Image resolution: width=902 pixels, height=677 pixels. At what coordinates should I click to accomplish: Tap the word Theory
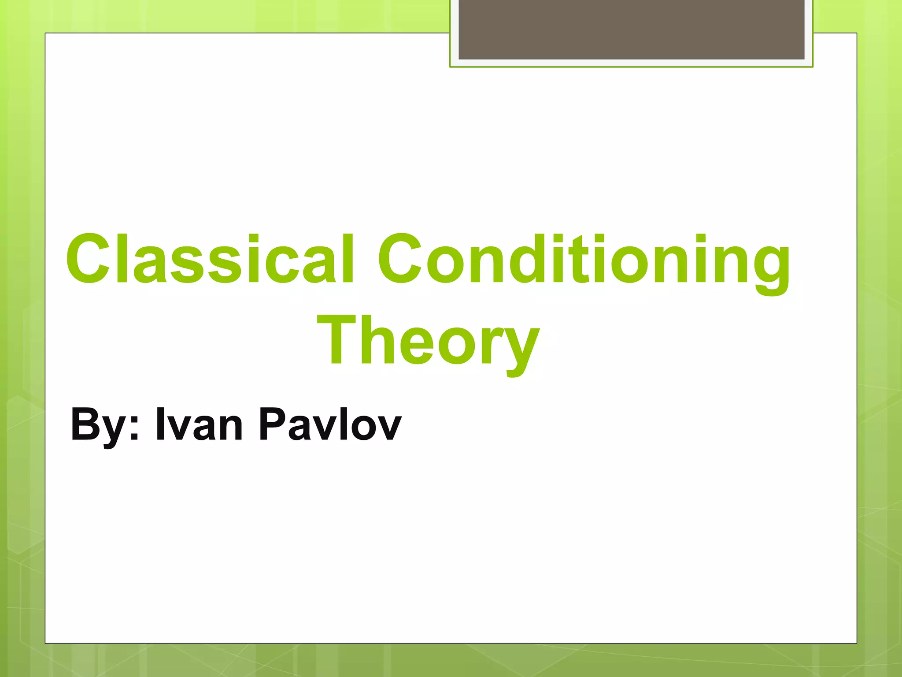[x=428, y=341]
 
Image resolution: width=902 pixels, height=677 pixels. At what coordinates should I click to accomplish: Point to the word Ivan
[x=199, y=424]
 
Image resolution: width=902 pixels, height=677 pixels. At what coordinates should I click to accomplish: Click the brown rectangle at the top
[x=631, y=29]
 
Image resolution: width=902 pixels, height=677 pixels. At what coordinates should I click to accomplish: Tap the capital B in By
[x=85, y=423]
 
